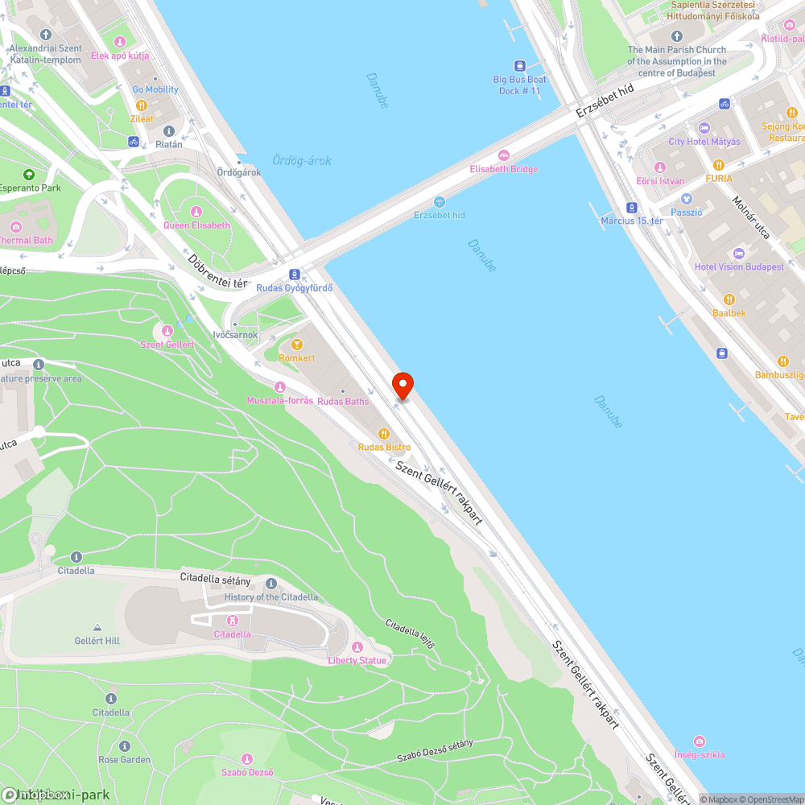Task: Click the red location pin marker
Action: pos(402,385)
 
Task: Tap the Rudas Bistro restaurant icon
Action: pos(383,434)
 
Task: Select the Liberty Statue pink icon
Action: pos(357,647)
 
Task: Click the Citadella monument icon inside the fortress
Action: pos(233,621)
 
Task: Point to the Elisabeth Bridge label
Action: pos(504,169)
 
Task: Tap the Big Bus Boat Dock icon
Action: pos(520,66)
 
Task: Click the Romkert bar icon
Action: pos(296,345)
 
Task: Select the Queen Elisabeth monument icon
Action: pos(197,212)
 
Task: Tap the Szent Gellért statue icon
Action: pos(167,331)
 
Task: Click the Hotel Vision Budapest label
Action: pos(739,266)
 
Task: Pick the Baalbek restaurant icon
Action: pos(729,299)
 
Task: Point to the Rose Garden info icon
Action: pos(124,746)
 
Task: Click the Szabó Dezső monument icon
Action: pos(247,759)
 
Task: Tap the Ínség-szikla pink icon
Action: pos(700,741)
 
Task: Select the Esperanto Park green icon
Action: pos(29,175)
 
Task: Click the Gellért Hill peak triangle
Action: pos(97,627)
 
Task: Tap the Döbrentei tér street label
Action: pos(217,271)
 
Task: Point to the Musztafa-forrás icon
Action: pos(279,387)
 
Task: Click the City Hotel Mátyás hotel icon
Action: pos(704,128)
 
